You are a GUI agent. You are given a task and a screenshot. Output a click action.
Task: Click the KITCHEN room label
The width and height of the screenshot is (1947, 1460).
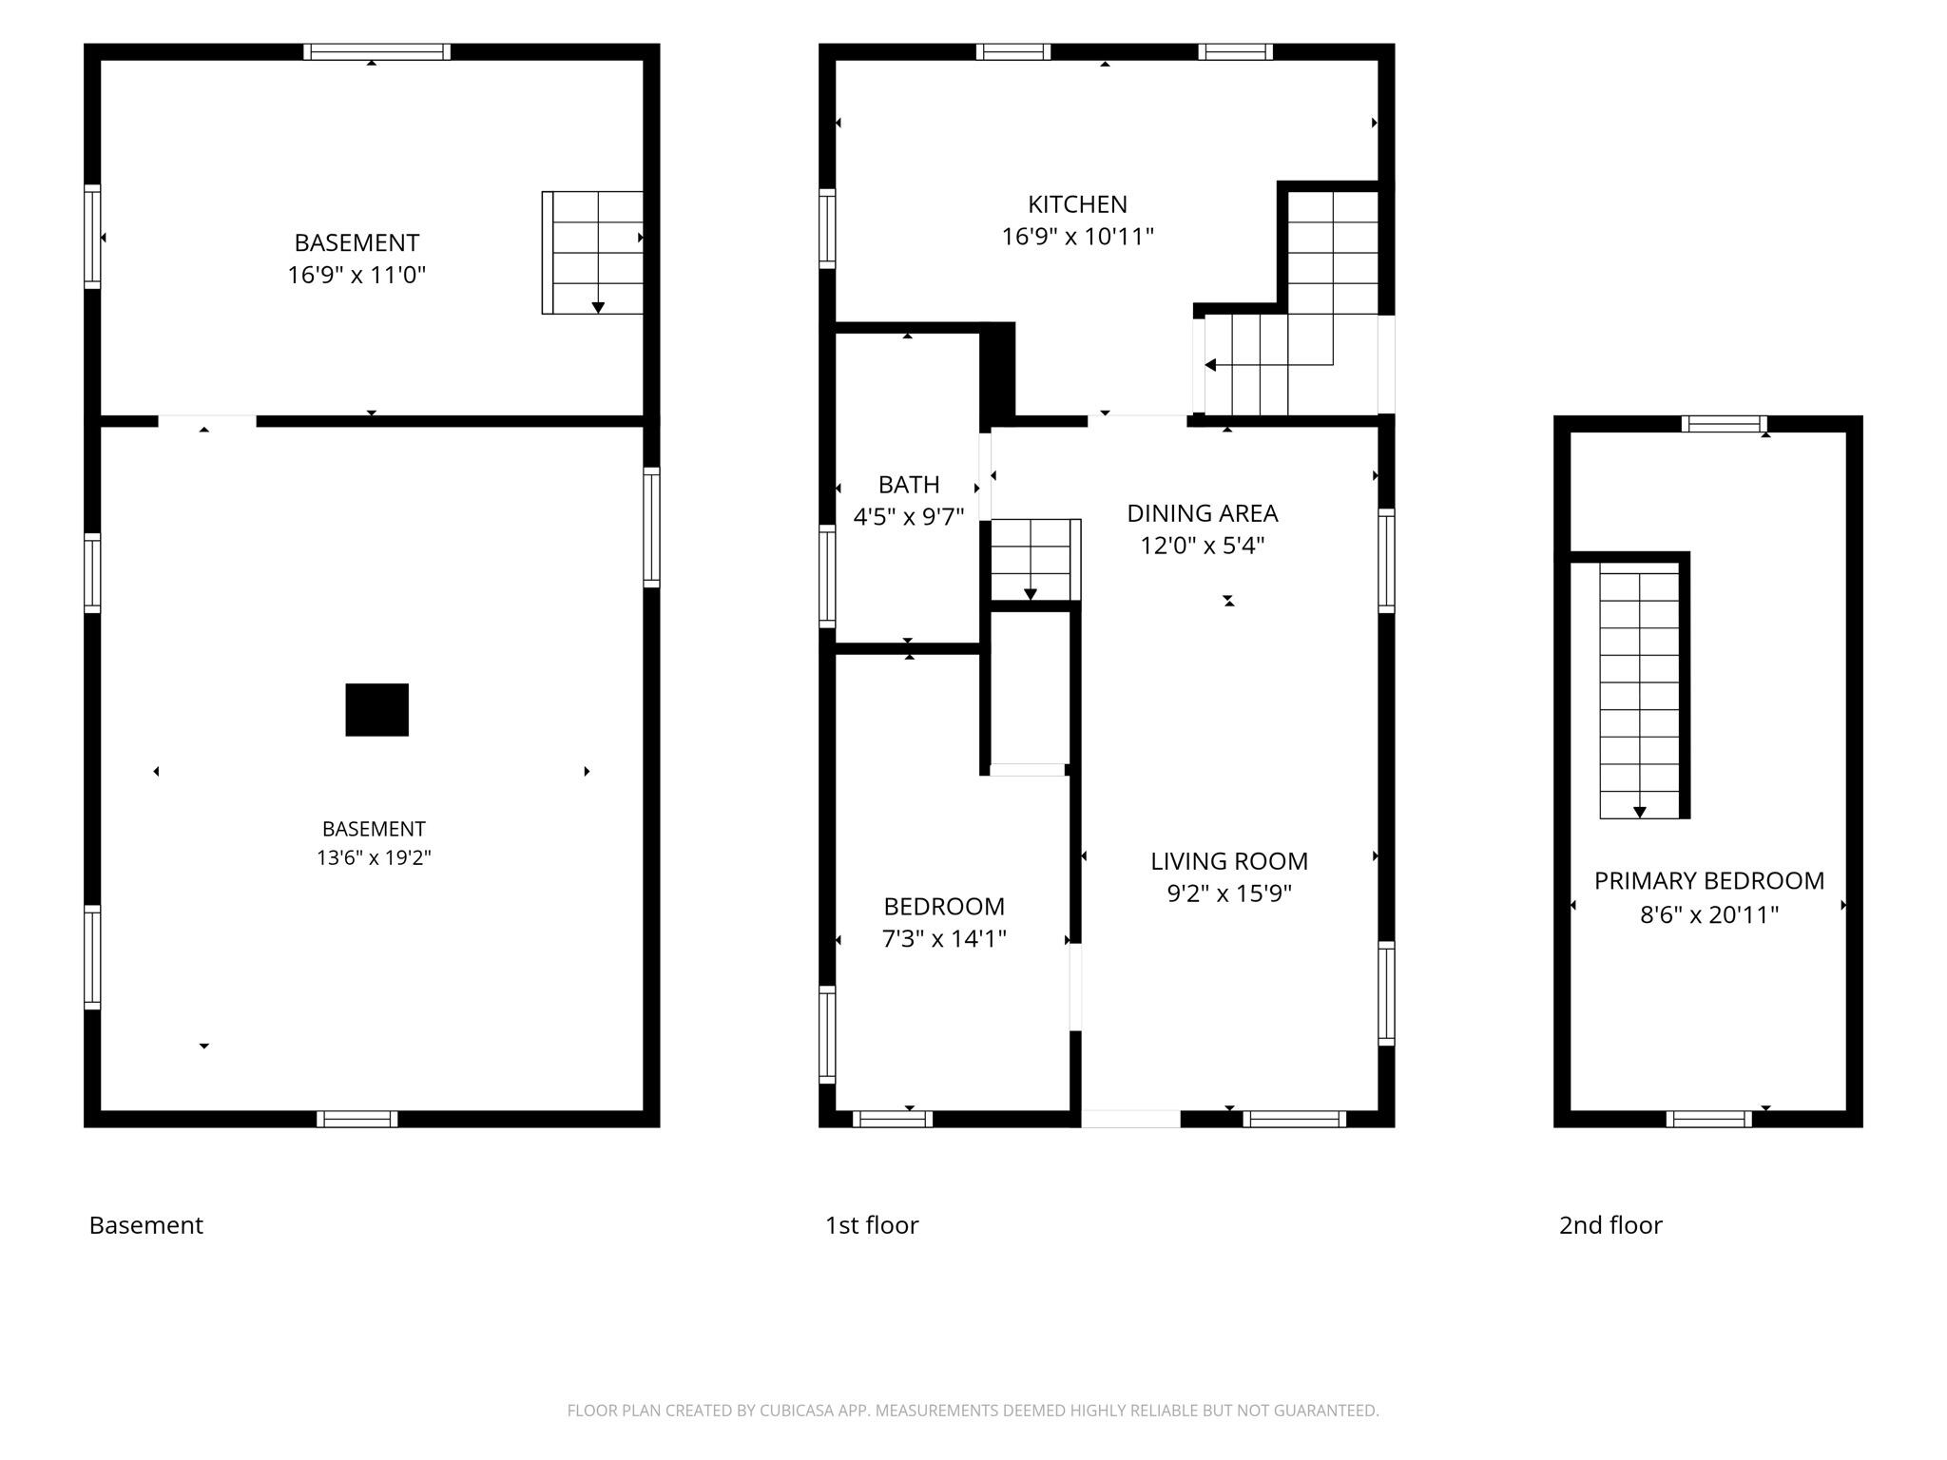tap(1077, 204)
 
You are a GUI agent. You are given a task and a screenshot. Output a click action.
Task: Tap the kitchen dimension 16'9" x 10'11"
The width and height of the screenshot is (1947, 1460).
tap(1077, 237)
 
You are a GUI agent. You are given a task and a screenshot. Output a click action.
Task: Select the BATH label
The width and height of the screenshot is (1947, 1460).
tap(909, 485)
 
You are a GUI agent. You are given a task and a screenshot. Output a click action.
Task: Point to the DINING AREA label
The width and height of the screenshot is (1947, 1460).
tap(1203, 513)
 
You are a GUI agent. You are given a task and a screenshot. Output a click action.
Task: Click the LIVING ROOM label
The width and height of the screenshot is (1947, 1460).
tap(1229, 861)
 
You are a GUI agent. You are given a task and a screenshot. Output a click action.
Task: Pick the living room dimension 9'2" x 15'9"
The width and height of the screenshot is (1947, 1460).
tap(1229, 893)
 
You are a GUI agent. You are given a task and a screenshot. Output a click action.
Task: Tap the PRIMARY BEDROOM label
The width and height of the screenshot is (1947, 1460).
tap(1709, 881)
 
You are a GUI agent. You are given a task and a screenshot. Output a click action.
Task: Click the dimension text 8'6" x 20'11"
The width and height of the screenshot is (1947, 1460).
tap(1709, 914)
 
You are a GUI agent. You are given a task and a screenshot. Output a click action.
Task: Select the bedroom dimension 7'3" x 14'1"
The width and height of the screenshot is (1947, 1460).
tap(944, 939)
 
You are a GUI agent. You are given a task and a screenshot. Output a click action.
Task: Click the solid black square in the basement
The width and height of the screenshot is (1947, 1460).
tap(377, 710)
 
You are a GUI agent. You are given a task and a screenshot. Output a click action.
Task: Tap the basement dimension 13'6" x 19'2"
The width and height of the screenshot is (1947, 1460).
tap(374, 858)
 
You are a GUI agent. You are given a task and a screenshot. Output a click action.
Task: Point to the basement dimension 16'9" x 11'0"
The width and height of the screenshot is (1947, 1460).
tap(357, 276)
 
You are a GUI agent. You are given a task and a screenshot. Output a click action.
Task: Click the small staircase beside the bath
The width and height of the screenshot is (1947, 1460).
tap(1035, 560)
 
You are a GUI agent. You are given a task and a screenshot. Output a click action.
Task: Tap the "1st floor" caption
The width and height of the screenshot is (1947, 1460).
tap(872, 1225)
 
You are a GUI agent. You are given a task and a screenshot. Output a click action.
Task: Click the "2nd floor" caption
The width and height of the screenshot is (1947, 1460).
tap(1610, 1225)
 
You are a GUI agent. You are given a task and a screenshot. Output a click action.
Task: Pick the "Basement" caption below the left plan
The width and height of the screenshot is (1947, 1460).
tap(145, 1225)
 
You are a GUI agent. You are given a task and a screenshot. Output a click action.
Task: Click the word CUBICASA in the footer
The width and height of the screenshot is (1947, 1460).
tap(798, 1411)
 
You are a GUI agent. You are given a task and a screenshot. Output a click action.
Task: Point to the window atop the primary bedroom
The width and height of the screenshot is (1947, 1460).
tap(1725, 424)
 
